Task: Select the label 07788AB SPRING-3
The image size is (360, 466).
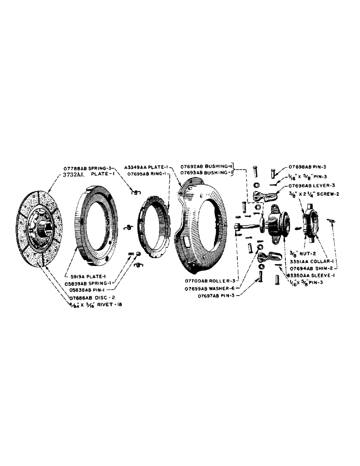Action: (88, 167)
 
